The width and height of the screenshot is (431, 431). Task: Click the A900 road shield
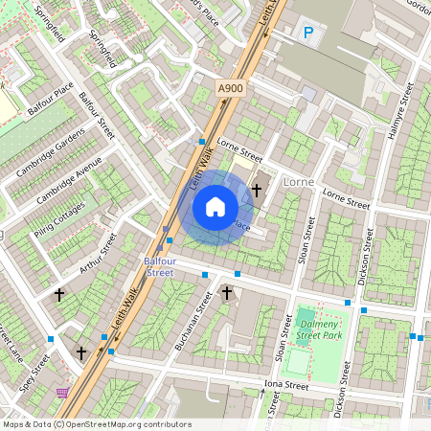pos(231,88)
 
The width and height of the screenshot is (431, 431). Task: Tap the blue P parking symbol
pos(308,34)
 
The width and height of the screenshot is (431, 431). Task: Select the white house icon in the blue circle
pos(215,207)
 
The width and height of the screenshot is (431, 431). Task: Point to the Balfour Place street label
pos(51,99)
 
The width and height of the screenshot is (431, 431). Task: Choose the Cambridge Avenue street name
pos(69,178)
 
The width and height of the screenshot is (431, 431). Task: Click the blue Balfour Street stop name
pos(159,266)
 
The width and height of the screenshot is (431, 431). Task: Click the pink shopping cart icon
pos(63,393)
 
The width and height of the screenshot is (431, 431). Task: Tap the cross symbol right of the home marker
pos(257,191)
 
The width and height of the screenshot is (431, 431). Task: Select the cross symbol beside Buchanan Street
pos(227,294)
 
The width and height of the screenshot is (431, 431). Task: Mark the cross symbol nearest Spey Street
pos(81,353)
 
